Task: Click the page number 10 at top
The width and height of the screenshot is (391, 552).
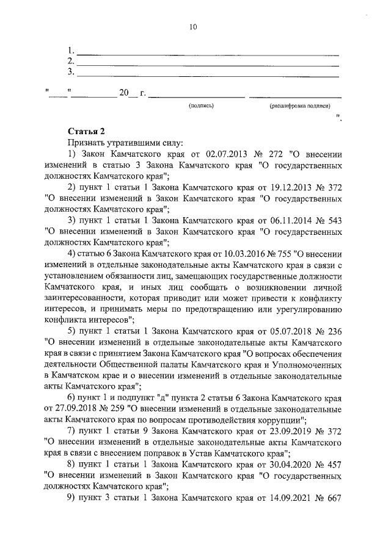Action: pyautogui.click(x=194, y=27)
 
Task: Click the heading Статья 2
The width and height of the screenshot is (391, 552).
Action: pyautogui.click(x=87, y=131)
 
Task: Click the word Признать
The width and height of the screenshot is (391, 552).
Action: pyautogui.click(x=87, y=142)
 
